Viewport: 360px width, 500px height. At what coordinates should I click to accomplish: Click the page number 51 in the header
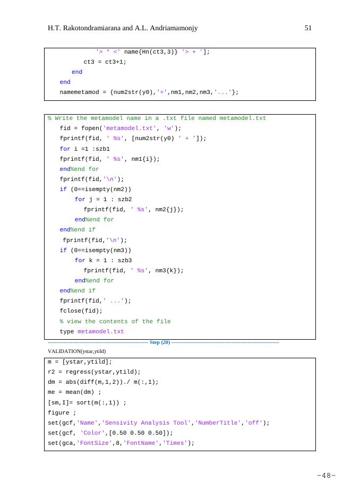pyautogui.click(x=308, y=28)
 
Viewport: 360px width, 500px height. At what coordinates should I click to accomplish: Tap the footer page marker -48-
pyautogui.click(x=326, y=476)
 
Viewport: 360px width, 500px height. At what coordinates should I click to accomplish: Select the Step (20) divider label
pyautogui.click(x=160, y=342)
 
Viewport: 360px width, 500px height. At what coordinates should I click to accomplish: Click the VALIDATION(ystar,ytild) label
pyautogui.click(x=77, y=351)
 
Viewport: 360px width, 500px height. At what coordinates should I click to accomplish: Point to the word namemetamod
pyautogui.click(x=80, y=92)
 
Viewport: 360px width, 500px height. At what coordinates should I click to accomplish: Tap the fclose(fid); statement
pyautogui.click(x=81, y=311)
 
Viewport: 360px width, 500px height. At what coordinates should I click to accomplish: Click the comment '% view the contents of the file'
pyautogui.click(x=115, y=322)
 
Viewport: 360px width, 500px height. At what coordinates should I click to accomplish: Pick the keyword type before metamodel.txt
pyautogui.click(x=67, y=332)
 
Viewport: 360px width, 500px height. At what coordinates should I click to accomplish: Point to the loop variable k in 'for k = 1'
pyautogui.click(x=91, y=261)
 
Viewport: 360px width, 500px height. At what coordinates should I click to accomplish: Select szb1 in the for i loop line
pyautogui.click(x=102, y=149)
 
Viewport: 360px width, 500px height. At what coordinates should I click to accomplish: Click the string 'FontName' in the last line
pyautogui.click(x=141, y=443)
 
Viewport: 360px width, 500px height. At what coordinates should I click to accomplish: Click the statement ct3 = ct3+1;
pyautogui.click(x=105, y=62)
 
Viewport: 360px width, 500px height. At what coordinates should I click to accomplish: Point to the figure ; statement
pyautogui.click(x=62, y=412)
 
